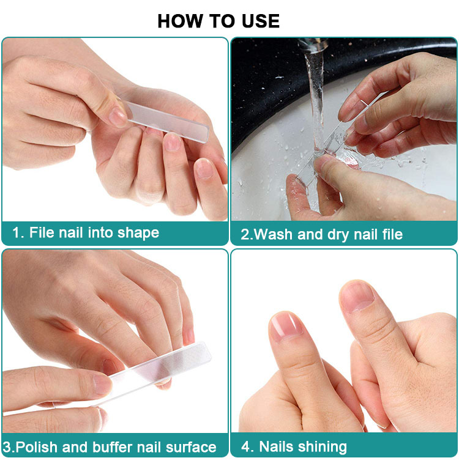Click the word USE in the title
click(x=261, y=21)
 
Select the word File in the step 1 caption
click(x=42, y=232)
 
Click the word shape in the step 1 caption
click(x=138, y=233)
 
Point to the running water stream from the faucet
click(x=316, y=98)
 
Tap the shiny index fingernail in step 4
click(x=285, y=327)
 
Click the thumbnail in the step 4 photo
click(x=357, y=297)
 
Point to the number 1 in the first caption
click(x=16, y=232)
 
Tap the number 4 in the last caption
click(x=245, y=446)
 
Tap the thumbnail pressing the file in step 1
click(x=118, y=116)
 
